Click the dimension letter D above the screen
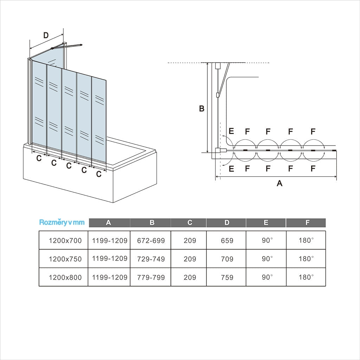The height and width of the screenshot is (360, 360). pyautogui.click(x=46, y=35)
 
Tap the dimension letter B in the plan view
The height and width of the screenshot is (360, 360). pyautogui.click(x=201, y=109)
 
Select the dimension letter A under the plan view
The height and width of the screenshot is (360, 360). pyautogui.click(x=279, y=183)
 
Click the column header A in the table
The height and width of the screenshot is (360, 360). pyautogui.click(x=109, y=223)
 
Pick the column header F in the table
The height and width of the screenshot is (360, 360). pyautogui.click(x=307, y=223)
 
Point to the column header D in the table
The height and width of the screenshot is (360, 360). pyautogui.click(x=227, y=223)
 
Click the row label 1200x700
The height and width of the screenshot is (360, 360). pyautogui.click(x=65, y=241)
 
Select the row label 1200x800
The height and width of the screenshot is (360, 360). pyautogui.click(x=65, y=277)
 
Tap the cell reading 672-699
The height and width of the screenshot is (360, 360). pyautogui.click(x=151, y=241)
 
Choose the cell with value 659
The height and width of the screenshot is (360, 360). pyautogui.click(x=227, y=241)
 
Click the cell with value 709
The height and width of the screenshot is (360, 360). pyautogui.click(x=227, y=259)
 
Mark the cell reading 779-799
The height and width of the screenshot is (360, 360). pyautogui.click(x=151, y=277)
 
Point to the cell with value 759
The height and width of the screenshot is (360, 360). pyautogui.click(x=227, y=277)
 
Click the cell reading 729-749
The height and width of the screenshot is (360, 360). pyautogui.click(x=151, y=259)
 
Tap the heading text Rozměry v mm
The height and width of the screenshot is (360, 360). pyautogui.click(x=62, y=222)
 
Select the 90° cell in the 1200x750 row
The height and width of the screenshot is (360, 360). pyautogui.click(x=267, y=259)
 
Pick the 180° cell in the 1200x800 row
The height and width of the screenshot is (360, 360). pyautogui.click(x=306, y=277)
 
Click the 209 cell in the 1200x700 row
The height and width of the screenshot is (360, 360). pyautogui.click(x=190, y=241)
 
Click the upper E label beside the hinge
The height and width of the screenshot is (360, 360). pyautogui.click(x=231, y=131)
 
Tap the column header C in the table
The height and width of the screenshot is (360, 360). pyautogui.click(x=190, y=223)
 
